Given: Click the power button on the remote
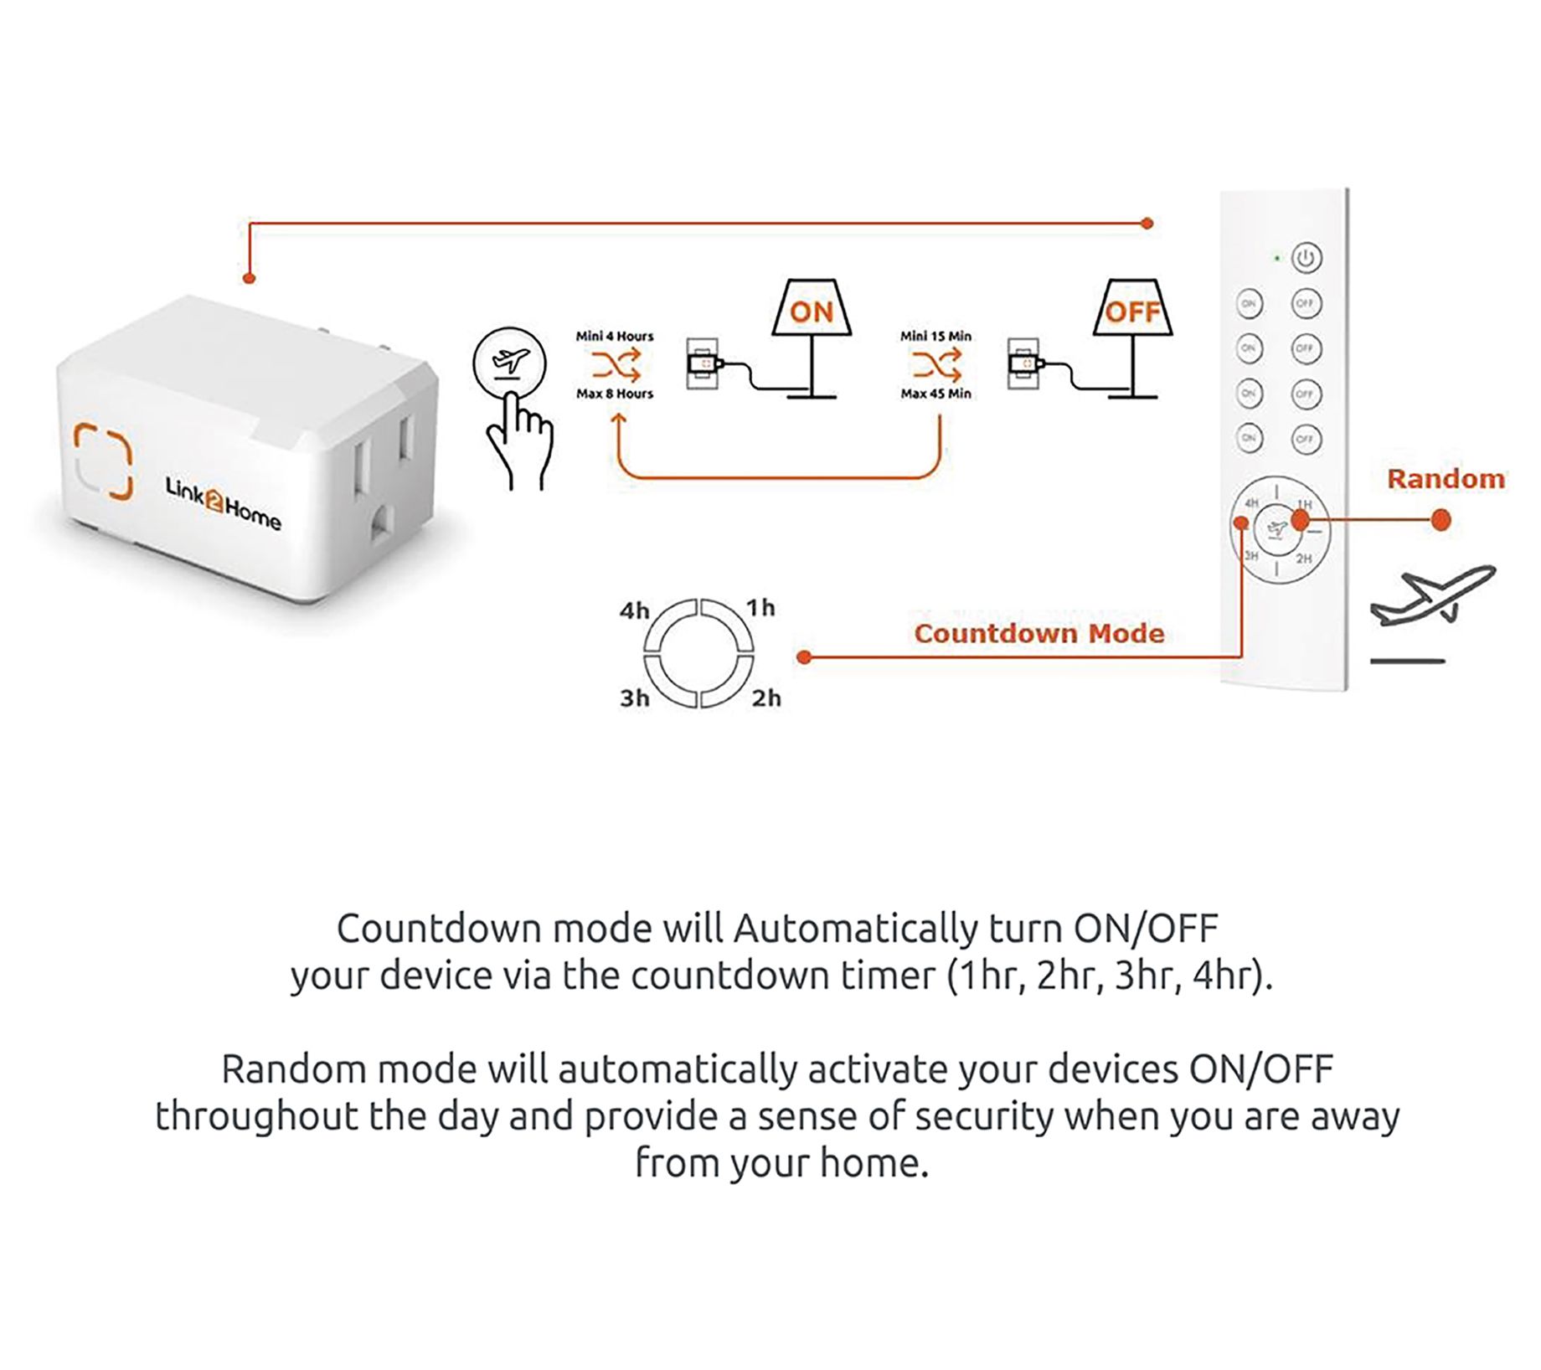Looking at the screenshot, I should (1306, 258).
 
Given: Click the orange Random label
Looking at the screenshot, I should (1446, 479).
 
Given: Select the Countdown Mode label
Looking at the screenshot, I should (1038, 633).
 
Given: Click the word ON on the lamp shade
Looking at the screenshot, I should (811, 312).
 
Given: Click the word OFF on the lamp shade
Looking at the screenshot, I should (1132, 312).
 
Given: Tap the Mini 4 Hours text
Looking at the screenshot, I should (614, 337).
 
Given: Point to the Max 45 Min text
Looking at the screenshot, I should (935, 394).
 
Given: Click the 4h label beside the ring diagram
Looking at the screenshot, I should (634, 611).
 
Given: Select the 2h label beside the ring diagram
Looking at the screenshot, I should (765, 698).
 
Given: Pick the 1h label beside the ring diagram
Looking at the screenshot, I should (760, 608).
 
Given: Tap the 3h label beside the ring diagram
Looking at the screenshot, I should (634, 698).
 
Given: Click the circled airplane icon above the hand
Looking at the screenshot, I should (509, 363).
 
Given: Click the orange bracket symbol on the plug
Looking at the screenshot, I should (102, 461).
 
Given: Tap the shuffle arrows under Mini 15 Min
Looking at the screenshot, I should (936, 365).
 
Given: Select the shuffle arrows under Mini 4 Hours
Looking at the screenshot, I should (615, 365).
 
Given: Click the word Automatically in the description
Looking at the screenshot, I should (855, 929).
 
